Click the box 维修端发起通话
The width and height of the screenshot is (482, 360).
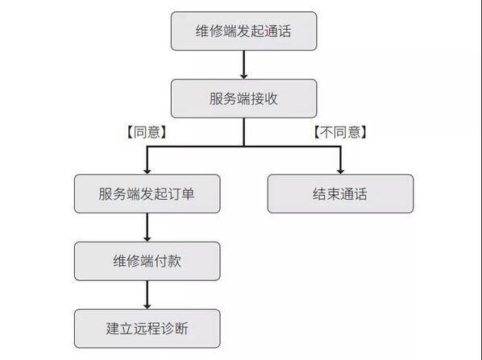[243, 31]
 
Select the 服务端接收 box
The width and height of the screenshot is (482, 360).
[243, 98]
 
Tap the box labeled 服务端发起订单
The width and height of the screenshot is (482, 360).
[148, 194]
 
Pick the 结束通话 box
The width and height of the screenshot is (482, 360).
[340, 194]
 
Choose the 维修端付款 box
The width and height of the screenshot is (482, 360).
[148, 261]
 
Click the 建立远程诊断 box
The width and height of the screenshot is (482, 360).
[148, 329]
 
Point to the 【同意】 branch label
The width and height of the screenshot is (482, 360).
[147, 132]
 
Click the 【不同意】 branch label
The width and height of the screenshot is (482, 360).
[340, 132]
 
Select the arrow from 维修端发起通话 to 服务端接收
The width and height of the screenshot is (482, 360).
[243, 64]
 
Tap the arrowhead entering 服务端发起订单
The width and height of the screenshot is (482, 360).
[148, 171]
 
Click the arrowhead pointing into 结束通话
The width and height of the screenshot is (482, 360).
[340, 171]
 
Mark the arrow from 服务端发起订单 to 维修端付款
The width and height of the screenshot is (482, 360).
[148, 228]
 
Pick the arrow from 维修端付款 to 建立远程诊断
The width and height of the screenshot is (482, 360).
[148, 296]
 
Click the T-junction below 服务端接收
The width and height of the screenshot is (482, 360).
[243, 147]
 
